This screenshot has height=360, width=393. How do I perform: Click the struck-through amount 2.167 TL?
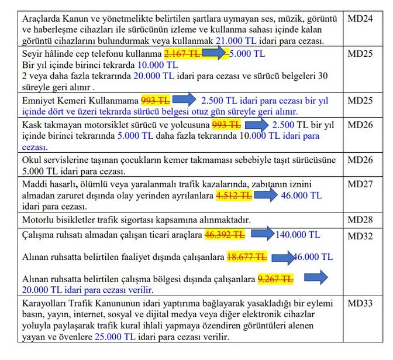pos(182,53)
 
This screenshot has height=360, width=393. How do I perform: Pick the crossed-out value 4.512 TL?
pos(235,196)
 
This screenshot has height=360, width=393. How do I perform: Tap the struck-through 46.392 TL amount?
pos(224,235)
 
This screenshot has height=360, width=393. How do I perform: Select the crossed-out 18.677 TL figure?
pos(246,257)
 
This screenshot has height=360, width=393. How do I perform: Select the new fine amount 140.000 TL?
pos(298,235)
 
